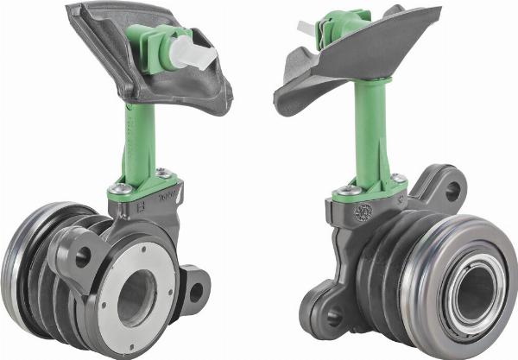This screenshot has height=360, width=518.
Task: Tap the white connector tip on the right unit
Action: coord(308,29)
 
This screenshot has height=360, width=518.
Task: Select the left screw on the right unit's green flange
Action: coord(349,189)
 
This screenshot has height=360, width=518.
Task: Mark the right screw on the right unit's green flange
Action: coord(397,178)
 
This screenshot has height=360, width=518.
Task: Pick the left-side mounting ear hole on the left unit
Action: coord(83,256)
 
